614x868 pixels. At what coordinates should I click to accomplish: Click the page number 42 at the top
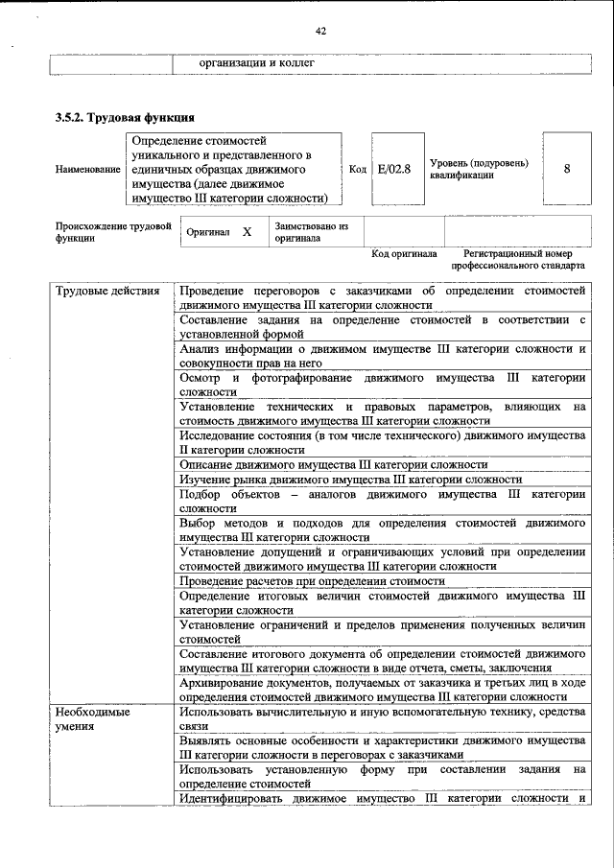(320, 31)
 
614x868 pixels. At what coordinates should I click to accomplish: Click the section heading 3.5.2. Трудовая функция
(125, 118)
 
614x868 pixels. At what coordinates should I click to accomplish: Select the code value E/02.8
(393, 169)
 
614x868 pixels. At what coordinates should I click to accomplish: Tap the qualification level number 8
(567, 169)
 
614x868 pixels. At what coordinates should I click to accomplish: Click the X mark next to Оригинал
(247, 232)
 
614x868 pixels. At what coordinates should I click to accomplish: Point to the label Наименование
(88, 169)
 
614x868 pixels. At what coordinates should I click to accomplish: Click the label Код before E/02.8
(357, 169)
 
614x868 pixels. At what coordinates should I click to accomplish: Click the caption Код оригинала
(404, 254)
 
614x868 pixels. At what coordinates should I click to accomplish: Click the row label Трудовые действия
(107, 291)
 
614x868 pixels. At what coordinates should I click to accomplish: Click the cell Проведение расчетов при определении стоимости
(312, 580)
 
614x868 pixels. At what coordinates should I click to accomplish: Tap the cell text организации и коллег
(256, 63)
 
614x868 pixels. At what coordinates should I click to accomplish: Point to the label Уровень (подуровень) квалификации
(479, 169)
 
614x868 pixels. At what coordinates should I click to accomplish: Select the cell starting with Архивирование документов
(382, 689)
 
